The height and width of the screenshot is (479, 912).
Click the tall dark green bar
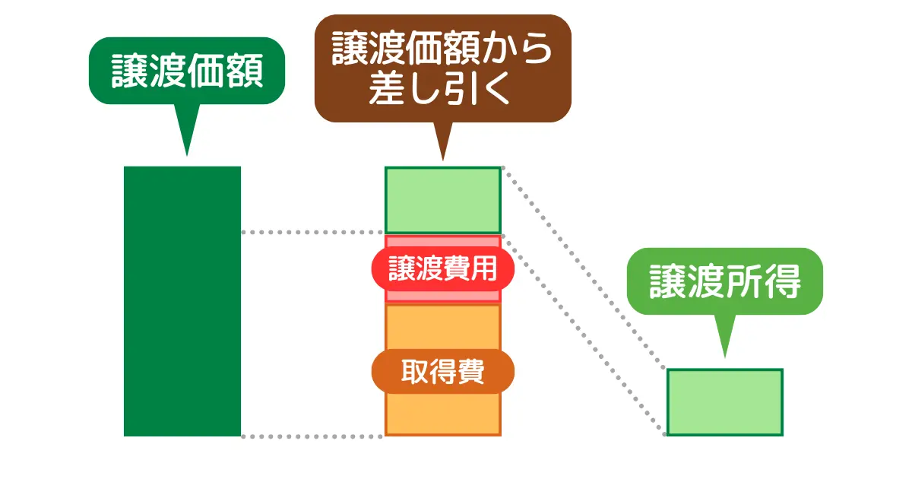pyautogui.click(x=182, y=301)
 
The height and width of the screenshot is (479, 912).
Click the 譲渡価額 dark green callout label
pyautogui.click(x=187, y=71)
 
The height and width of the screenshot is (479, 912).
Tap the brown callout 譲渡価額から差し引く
pyautogui.click(x=442, y=69)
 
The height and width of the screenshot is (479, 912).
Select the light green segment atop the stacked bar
pyautogui.click(x=442, y=200)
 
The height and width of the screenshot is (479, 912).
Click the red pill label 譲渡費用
pyautogui.click(x=442, y=269)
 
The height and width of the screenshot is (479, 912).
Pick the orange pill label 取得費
pyautogui.click(x=442, y=373)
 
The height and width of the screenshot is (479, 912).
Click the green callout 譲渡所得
pyautogui.click(x=724, y=282)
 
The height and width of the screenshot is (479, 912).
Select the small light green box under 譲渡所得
pyautogui.click(x=724, y=402)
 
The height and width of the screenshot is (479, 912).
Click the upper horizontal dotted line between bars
pyautogui.click(x=312, y=232)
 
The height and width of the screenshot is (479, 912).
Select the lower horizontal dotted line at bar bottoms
pyautogui.click(x=312, y=436)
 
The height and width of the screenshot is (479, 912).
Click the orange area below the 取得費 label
pyautogui.click(x=442, y=414)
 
